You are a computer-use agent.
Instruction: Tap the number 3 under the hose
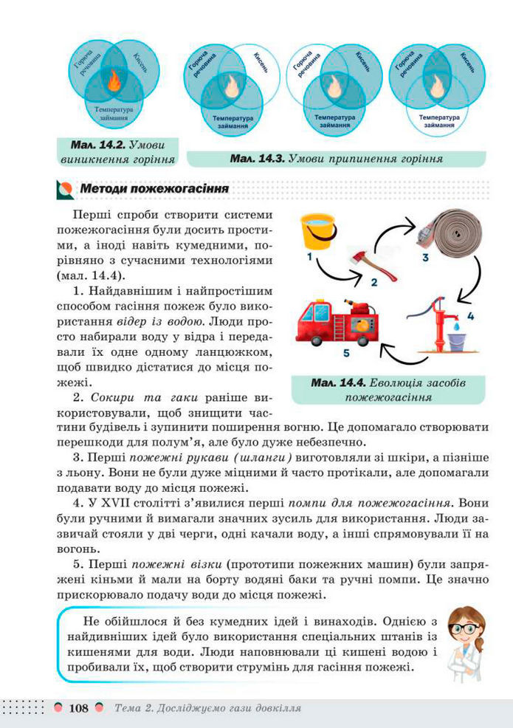tap(425, 258)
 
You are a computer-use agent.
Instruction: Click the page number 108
tap(79, 708)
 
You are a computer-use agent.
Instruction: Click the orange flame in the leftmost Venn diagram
tap(114, 83)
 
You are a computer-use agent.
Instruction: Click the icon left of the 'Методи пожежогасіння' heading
tap(65, 190)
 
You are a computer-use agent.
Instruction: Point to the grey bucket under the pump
tap(458, 343)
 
